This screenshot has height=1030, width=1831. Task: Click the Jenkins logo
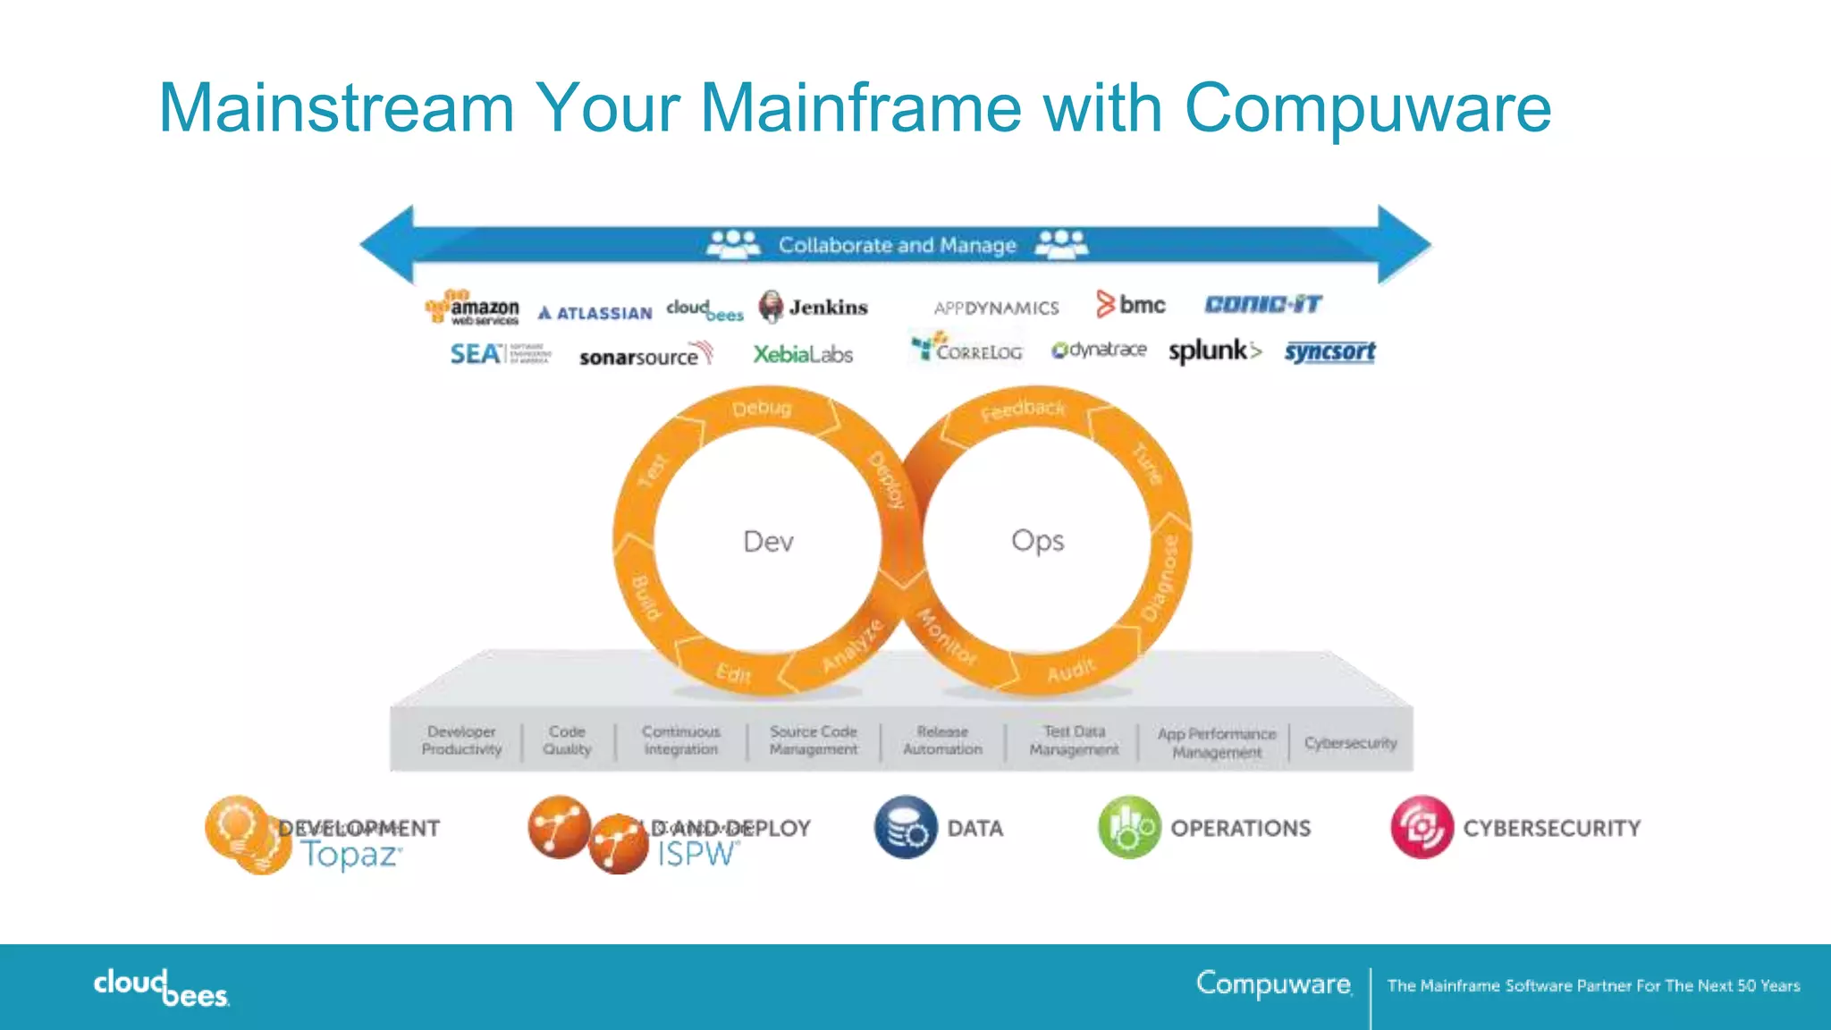pos(814,308)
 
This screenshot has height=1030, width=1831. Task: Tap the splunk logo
pos(1214,351)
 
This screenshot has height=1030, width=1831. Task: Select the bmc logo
pos(1132,305)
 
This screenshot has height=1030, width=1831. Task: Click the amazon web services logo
pos(473,308)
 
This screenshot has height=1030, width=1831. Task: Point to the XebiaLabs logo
pos(802,355)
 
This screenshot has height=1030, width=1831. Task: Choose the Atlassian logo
pos(595,313)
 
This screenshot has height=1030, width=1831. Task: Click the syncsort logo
pos(1329,351)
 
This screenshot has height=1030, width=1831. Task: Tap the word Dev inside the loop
pos(768,542)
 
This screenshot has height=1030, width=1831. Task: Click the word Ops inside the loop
pos(1037,541)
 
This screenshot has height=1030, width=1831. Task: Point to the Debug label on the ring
pos(762,409)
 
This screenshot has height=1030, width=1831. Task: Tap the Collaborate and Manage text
pos(897,245)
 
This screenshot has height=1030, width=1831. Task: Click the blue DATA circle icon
pos(906,827)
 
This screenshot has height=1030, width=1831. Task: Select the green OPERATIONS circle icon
pos(1129,827)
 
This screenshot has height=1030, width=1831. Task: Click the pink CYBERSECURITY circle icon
pos(1422,827)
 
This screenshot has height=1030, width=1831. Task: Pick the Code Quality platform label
pos(567,740)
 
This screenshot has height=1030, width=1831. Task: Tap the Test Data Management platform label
pos(1074,740)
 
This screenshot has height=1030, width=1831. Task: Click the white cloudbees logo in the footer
pos(162,987)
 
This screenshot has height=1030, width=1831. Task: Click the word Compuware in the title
pos(1367,108)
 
